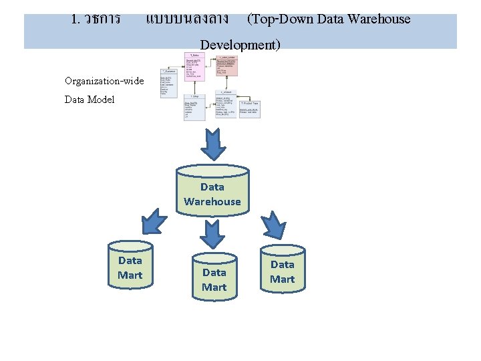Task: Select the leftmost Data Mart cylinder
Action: pyautogui.click(x=130, y=266)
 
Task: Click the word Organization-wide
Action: pyautogui.click(x=104, y=81)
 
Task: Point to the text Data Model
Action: pyautogui.click(x=90, y=99)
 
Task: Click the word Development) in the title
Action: pyautogui.click(x=240, y=45)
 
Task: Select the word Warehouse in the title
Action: pyautogui.click(x=379, y=19)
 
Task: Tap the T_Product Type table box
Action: pyautogui.click(x=249, y=109)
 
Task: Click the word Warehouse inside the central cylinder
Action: pyautogui.click(x=212, y=201)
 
